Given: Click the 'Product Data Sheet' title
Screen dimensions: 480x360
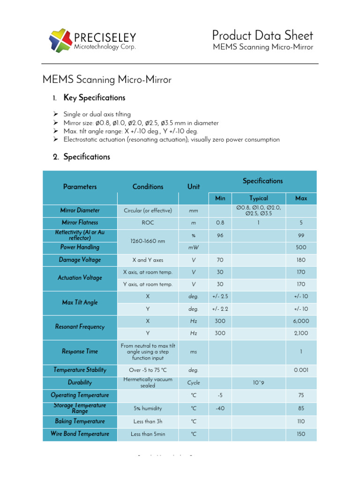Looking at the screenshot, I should tap(262, 35).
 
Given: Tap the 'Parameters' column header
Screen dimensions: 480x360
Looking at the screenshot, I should tap(80, 187).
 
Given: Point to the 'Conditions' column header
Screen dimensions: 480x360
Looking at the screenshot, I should tap(148, 187).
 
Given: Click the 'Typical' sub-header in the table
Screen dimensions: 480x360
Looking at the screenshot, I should tap(259, 198).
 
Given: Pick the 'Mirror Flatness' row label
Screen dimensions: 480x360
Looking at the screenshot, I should tap(80, 223).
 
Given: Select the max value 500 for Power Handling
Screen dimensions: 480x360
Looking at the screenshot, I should tap(301, 247).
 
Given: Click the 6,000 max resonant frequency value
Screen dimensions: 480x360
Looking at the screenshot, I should tap(301, 321).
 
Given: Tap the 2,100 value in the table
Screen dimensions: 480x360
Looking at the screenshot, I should tap(301, 333).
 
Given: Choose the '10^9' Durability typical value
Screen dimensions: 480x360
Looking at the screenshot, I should tap(259, 382).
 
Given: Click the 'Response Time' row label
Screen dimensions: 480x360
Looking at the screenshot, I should tap(80, 352).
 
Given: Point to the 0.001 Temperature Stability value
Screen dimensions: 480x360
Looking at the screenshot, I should tap(301, 370).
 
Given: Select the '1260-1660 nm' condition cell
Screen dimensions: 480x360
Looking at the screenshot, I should tap(148, 241).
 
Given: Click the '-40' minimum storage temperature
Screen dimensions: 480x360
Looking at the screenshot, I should tap(220, 408).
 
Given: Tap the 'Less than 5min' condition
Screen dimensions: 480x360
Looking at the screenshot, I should tap(148, 434).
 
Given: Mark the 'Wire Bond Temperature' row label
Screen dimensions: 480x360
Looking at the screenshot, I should tap(80, 434).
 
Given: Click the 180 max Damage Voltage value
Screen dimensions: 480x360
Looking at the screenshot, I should tap(301, 260).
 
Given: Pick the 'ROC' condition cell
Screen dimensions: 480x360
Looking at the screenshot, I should tap(148, 223).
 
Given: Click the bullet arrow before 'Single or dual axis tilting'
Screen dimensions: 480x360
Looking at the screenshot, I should tap(55, 114).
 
